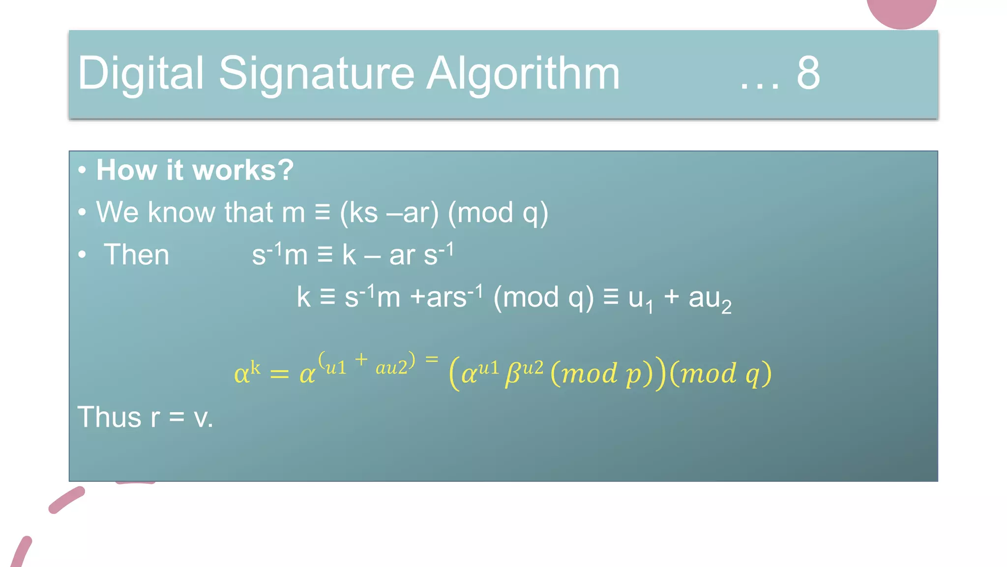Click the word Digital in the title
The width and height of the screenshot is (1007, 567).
(140, 74)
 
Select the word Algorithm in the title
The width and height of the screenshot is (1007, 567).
(523, 74)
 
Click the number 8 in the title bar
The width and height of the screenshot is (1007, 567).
(808, 74)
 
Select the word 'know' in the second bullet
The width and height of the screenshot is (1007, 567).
(181, 213)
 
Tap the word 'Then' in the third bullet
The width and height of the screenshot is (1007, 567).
(136, 255)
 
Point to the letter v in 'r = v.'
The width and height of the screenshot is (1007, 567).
(201, 418)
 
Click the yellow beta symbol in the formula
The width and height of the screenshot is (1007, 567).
(513, 374)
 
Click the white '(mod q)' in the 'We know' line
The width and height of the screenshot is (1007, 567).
(498, 213)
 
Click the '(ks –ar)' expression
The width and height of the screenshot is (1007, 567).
(389, 213)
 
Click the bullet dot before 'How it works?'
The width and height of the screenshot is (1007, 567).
(82, 170)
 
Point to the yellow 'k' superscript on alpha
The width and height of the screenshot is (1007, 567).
(255, 367)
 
